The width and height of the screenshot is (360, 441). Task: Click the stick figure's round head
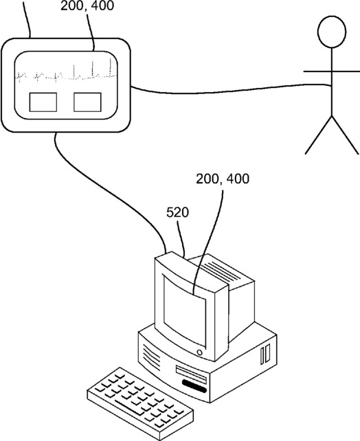pos(332,32)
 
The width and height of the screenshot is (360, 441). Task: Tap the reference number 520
pos(177,213)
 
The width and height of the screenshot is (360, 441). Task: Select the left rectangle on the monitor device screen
pos(43,102)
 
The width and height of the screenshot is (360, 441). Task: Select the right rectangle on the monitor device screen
pos(87,102)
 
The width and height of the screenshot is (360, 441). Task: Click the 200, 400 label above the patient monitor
pos(87,5)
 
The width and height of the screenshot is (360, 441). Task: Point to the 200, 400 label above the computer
pos(223,179)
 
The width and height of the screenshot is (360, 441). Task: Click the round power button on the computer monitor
pos(199,352)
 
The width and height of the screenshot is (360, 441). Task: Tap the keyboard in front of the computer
pos(140,404)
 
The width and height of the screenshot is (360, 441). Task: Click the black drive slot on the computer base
pos(194,386)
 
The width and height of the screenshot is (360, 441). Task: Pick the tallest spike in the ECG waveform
pos(111,67)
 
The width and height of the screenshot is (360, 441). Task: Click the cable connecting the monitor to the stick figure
pos(231,89)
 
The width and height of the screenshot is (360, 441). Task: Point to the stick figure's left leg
pos(318,135)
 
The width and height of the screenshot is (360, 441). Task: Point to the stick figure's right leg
pos(346,135)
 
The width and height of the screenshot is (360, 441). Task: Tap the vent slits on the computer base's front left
pos(152,355)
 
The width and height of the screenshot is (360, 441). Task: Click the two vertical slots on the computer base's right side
pos(265,354)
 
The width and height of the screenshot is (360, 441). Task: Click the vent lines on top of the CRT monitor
pos(222,271)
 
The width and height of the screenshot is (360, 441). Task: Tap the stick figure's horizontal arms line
pos(332,71)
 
